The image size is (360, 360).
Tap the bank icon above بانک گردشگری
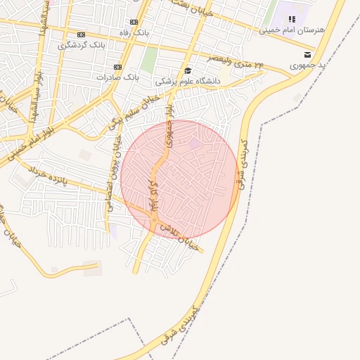(82, 34)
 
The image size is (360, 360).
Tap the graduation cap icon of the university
(187, 70)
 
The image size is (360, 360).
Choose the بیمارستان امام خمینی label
(286, 30)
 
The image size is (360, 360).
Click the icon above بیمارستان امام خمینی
(292, 19)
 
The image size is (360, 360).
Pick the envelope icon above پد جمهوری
(307, 54)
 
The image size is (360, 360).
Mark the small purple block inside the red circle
(195, 143)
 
